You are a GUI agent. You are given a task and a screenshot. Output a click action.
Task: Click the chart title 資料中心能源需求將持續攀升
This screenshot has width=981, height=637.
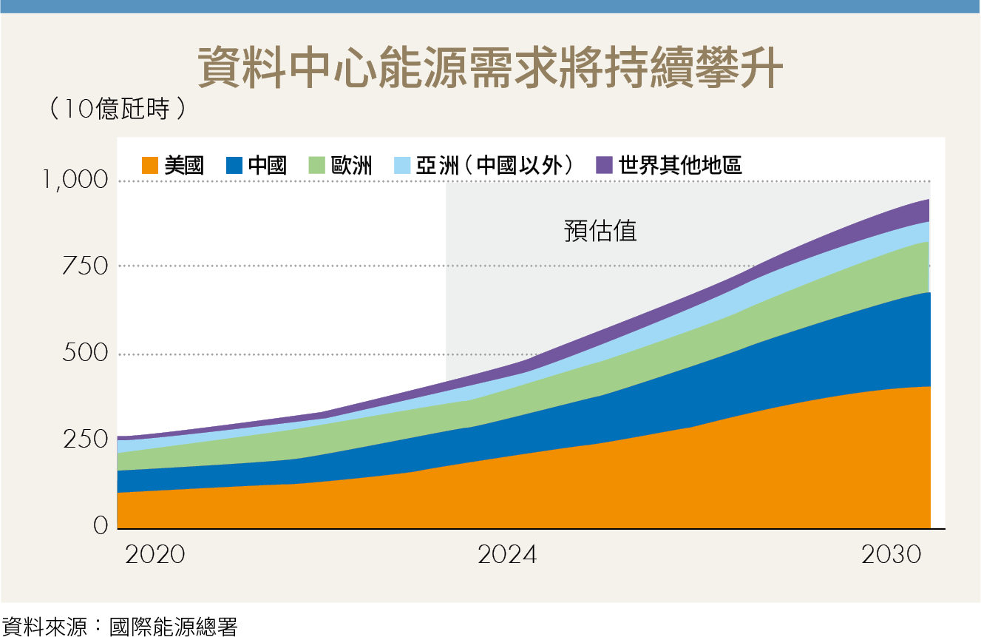tap(490, 69)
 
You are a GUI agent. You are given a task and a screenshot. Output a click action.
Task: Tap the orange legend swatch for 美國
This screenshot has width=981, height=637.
tap(150, 165)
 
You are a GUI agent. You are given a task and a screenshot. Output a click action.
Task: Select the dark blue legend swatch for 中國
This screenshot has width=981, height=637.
tap(234, 165)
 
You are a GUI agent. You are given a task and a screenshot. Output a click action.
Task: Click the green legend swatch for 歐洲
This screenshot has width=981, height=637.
tap(317, 165)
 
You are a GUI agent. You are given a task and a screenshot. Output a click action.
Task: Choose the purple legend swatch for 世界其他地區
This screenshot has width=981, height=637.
tap(605, 165)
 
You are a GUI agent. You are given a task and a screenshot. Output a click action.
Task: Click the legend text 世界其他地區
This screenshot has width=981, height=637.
tap(680, 165)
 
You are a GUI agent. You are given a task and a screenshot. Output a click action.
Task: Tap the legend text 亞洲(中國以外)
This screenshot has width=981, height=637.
tap(495, 165)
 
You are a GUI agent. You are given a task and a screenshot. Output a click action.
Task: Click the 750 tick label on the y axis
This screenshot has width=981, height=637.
tap(83, 266)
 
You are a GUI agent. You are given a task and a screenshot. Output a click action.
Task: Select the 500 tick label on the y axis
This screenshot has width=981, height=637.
tap(82, 353)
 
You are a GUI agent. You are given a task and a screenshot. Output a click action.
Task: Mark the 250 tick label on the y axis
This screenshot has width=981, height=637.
tap(82, 439)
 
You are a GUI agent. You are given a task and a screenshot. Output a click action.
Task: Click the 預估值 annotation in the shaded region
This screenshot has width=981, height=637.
tap(600, 232)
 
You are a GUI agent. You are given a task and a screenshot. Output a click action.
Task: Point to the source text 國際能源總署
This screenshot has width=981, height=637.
tap(173, 627)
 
